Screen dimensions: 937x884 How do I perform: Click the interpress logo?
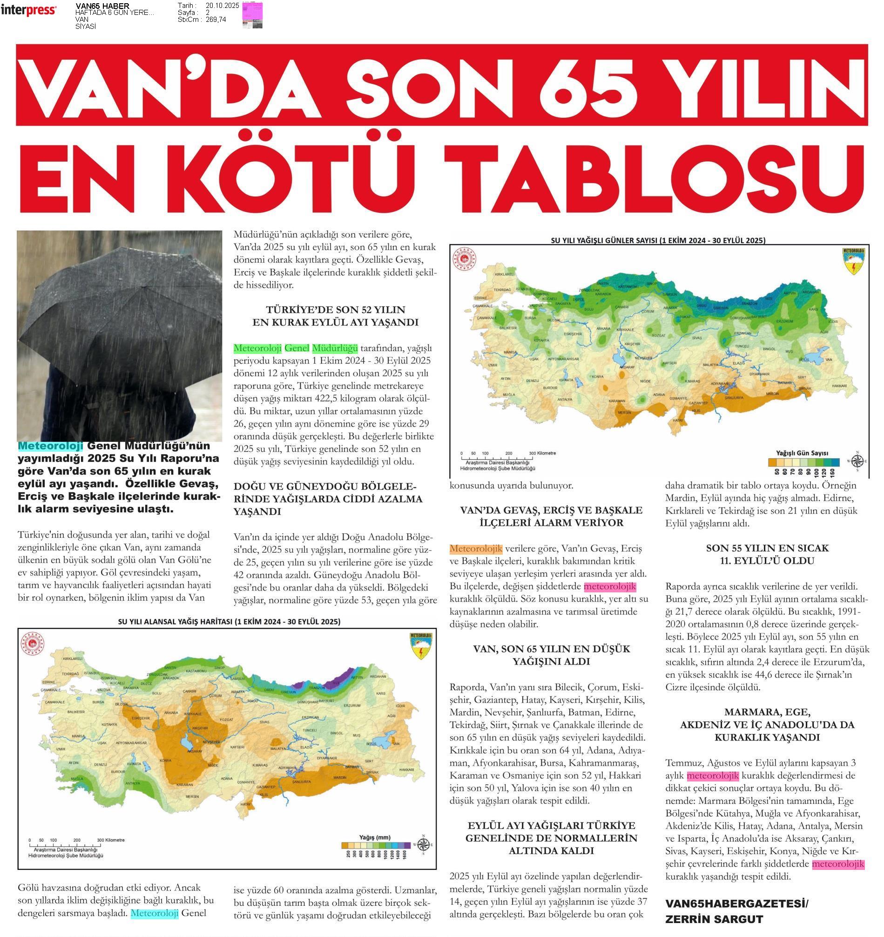pyautogui.click(x=29, y=10)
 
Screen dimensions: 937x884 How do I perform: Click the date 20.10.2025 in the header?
pyautogui.click(x=223, y=6)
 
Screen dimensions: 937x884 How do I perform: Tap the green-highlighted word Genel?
pyautogui.click(x=297, y=348)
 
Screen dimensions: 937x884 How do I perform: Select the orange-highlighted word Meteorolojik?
pyautogui.click(x=475, y=549)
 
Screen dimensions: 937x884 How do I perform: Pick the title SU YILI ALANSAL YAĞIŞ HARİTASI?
pyautogui.click(x=229, y=622)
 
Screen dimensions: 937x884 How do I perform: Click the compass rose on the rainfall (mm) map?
pyautogui.click(x=423, y=845)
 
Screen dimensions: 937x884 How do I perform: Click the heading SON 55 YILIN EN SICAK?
pyautogui.click(x=767, y=548)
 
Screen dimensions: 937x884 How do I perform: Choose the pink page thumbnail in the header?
pyautogui.click(x=252, y=14)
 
